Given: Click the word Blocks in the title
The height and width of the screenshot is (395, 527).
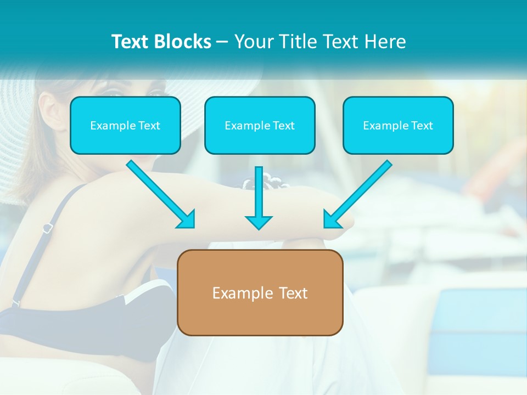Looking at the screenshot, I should [184, 42].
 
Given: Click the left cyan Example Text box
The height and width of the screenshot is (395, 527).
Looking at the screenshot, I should [125, 125].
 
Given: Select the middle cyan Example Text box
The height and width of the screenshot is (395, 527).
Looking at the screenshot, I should [260, 125].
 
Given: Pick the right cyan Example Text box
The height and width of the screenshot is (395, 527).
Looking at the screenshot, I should [398, 125].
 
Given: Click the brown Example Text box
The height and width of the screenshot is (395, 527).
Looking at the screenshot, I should [260, 292].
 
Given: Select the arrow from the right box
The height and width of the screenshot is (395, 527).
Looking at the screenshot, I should [360, 193].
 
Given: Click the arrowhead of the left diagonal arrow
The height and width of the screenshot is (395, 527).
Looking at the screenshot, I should [187, 220].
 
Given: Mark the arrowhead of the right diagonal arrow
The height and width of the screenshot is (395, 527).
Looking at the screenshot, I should [332, 220].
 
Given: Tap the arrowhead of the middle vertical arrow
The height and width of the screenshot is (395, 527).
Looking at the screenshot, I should [259, 222].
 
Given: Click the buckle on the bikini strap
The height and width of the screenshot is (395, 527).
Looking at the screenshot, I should [48, 227].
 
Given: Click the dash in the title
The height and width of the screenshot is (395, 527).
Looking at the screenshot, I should [222, 42].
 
